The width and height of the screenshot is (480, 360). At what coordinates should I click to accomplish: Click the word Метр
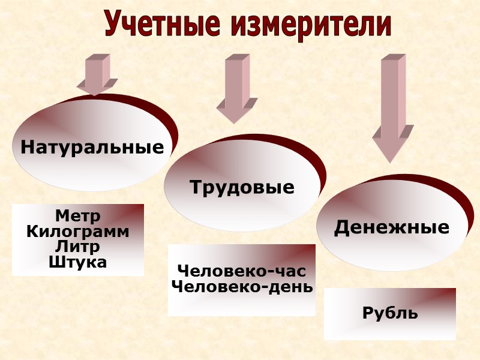click(77, 215)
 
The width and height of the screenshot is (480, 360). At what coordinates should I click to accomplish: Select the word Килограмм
click(77, 231)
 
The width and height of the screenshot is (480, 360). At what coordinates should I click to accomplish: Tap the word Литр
click(77, 246)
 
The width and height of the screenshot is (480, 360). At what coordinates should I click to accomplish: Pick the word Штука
click(77, 262)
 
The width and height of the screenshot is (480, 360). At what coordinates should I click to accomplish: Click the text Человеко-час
click(242, 271)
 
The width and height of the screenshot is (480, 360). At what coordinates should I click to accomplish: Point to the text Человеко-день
click(242, 286)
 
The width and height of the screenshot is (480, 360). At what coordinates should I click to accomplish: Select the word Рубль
click(390, 313)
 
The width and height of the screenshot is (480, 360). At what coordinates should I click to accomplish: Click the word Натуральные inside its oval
click(92, 147)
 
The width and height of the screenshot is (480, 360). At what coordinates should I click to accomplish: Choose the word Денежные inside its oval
click(391, 227)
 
